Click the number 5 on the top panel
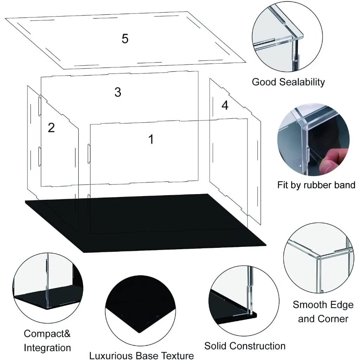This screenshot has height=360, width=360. click(x=125, y=39)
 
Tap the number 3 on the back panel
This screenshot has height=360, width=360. click(x=118, y=92)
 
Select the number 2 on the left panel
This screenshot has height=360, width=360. click(x=51, y=128)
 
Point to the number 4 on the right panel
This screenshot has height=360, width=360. click(x=225, y=105)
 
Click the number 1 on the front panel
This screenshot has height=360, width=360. click(x=151, y=139)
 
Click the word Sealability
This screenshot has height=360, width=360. click(x=302, y=82)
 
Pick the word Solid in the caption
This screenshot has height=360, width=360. click(x=217, y=346)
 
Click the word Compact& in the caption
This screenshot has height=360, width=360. click(x=47, y=333)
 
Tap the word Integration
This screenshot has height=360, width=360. click(x=47, y=348)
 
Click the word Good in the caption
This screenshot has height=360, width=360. click(x=264, y=82)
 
